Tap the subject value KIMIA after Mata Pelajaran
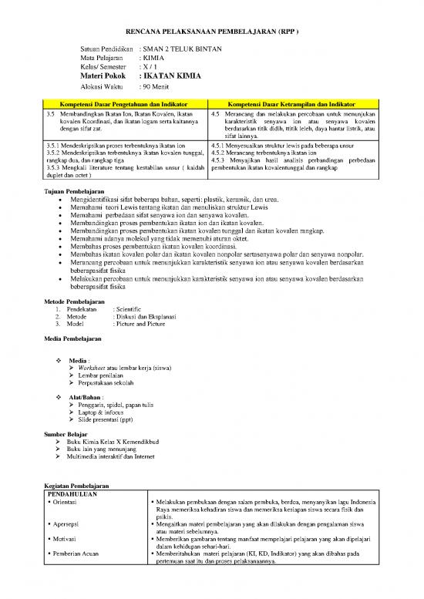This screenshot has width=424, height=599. [153, 58]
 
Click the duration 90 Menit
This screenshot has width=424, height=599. [155, 89]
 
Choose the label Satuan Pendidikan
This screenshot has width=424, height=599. [107, 48]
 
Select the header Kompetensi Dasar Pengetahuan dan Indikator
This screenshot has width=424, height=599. [124, 103]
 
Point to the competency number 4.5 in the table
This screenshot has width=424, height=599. [215, 113]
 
